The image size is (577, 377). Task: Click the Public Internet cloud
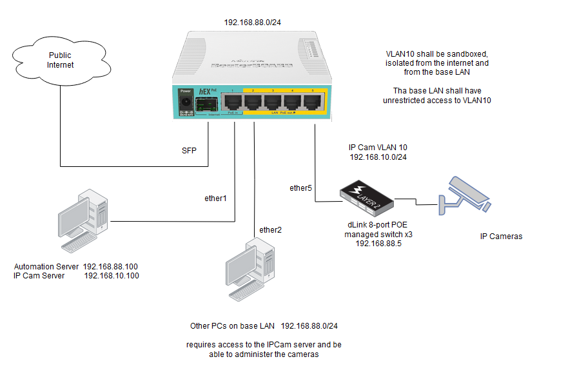pos(61,61)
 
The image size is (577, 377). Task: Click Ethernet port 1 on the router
pos(233,102)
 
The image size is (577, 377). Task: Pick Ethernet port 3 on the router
pos(273,102)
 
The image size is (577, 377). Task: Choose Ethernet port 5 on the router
pos(313,102)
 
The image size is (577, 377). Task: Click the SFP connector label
pos(189,150)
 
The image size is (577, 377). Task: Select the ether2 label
pos(270,229)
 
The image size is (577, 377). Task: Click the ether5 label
pos(300,188)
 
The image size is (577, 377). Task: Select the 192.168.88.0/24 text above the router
pos(252,23)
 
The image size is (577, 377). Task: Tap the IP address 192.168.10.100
pos(112,275)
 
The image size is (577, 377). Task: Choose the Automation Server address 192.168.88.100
pos(111,266)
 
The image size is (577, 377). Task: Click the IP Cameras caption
pos(501,237)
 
